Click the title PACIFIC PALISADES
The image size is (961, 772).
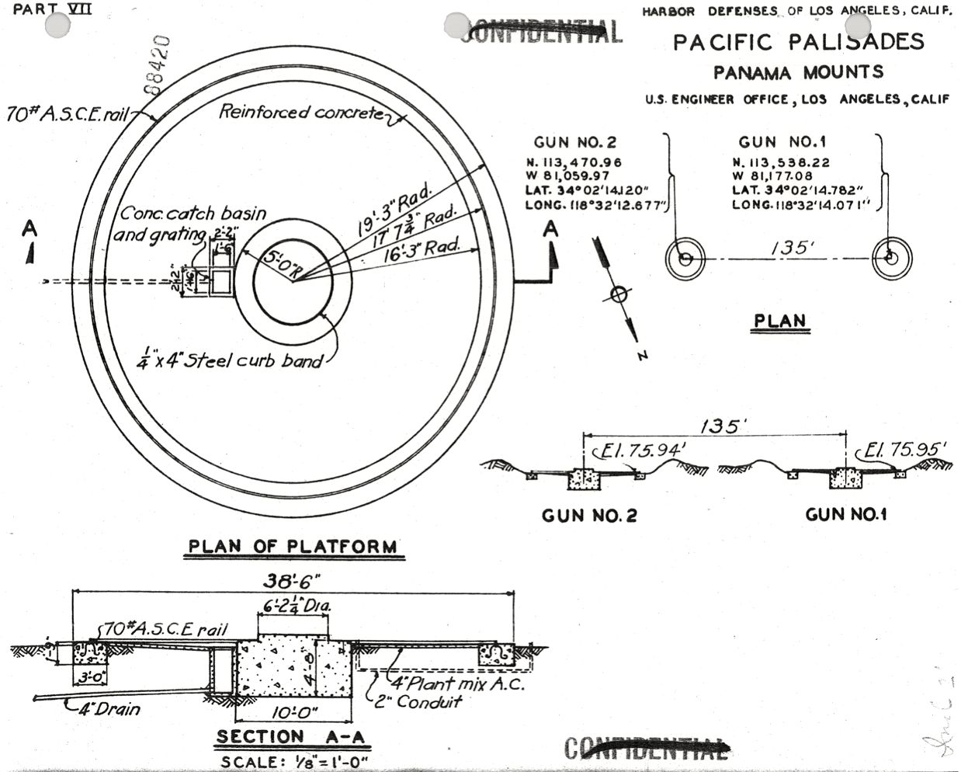click(x=799, y=42)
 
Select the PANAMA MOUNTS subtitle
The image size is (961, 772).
click(x=798, y=73)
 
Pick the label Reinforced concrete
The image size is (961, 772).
click(x=301, y=113)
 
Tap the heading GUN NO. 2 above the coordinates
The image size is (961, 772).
click(x=574, y=142)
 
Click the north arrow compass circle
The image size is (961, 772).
click(x=618, y=294)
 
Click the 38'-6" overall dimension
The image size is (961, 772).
click(x=293, y=582)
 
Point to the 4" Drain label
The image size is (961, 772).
click(x=109, y=708)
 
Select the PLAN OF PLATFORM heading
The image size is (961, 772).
click(x=293, y=547)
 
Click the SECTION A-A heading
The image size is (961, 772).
click(x=292, y=737)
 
